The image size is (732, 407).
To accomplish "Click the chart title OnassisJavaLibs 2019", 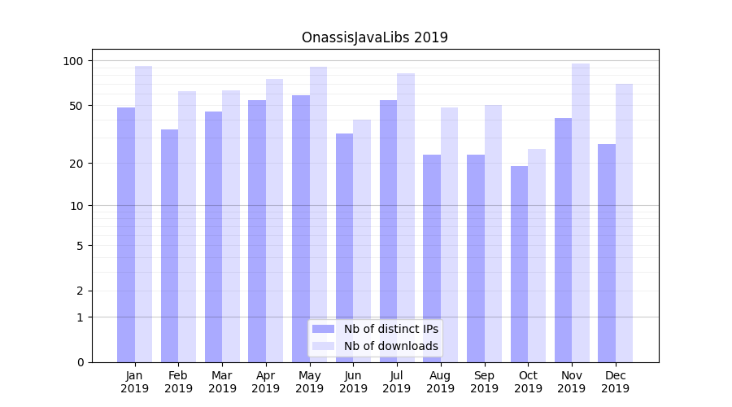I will tap(374, 37).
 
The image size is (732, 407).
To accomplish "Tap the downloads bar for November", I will tap(581, 212).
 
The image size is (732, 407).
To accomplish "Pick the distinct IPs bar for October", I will tap(519, 264).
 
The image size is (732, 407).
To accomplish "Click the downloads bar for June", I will tap(362, 241).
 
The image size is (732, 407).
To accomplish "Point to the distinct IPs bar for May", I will tap(301, 229).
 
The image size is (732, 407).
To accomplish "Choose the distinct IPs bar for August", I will tap(432, 258).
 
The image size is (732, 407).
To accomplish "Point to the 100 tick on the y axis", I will tap(73, 61).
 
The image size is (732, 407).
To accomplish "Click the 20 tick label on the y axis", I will tap(76, 163).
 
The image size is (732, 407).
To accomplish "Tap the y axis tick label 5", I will tap(80, 245).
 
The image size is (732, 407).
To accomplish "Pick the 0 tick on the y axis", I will tap(80, 362).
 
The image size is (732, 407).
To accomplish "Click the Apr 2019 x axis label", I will tap(266, 382).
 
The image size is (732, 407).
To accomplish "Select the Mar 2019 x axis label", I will tap(222, 382).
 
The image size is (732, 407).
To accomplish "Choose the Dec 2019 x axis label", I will tap(615, 382).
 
